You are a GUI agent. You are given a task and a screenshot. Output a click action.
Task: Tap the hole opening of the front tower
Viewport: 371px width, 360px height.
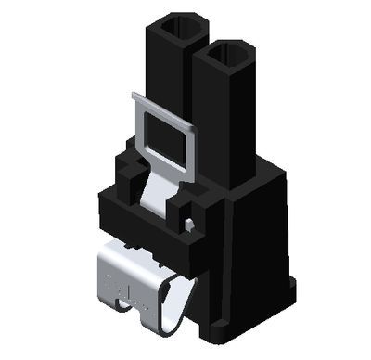(x=225, y=58)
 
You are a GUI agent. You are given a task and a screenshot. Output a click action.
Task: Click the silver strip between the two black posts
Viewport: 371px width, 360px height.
(x=156, y=195)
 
